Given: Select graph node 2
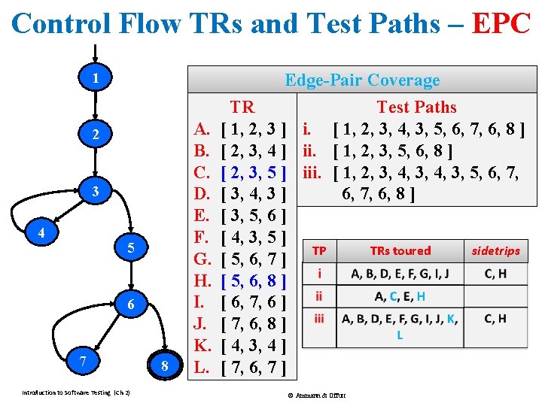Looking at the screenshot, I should (95, 135).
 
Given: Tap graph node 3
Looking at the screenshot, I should (95, 192).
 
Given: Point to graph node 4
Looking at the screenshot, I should (41, 233).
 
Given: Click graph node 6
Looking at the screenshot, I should (129, 305).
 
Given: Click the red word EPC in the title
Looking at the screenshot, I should (501, 24).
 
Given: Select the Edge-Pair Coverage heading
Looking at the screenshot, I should (361, 80).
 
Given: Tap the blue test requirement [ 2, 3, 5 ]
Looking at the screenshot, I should (254, 173).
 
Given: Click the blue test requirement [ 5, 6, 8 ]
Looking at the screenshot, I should (254, 281).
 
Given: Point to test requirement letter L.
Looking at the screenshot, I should (201, 368).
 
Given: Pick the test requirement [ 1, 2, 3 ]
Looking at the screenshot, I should (254, 129).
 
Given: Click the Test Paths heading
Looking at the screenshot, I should (416, 107).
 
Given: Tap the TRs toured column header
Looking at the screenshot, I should (400, 251).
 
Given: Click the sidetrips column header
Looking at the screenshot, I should (495, 251).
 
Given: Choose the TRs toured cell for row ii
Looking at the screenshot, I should (400, 296).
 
